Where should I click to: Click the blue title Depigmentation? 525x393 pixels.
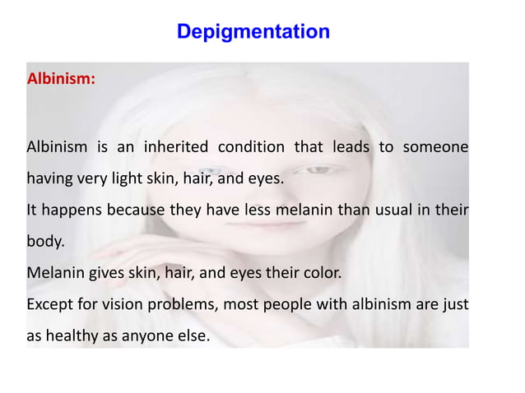[x=253, y=32]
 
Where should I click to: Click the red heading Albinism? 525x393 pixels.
[x=61, y=80]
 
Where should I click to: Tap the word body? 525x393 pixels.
[x=43, y=243]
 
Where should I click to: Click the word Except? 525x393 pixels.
[x=52, y=305]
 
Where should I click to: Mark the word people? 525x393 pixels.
[x=286, y=306]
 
